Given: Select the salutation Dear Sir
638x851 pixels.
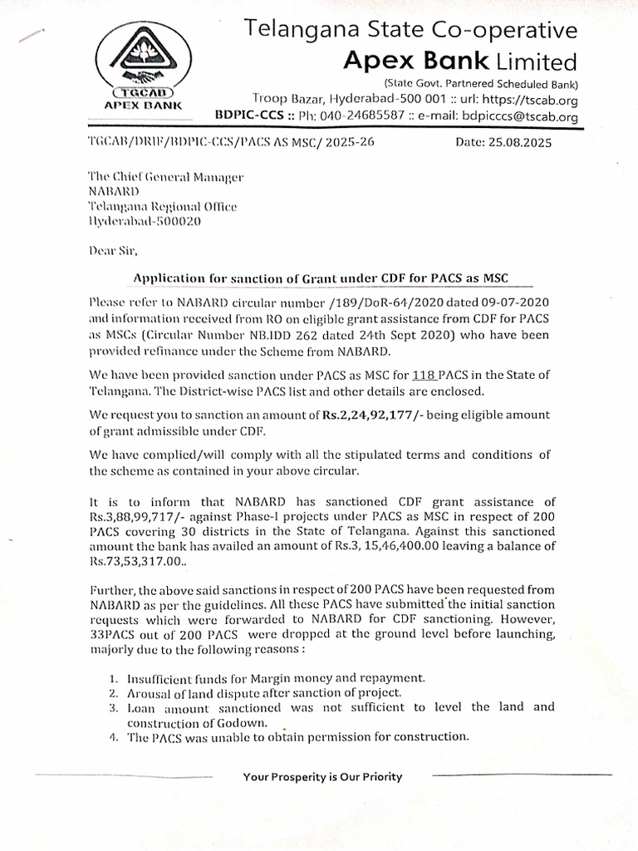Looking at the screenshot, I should pyautogui.click(x=115, y=250).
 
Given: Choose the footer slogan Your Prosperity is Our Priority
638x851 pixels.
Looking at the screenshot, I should pyautogui.click(x=322, y=777).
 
